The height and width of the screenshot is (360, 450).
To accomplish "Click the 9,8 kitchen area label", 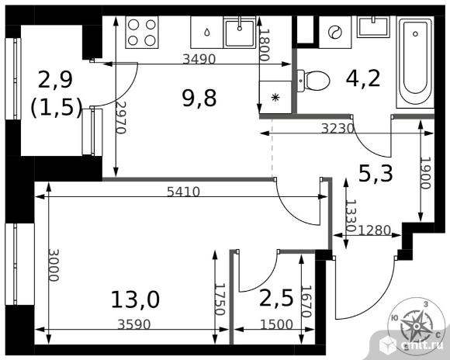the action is pos(199,99).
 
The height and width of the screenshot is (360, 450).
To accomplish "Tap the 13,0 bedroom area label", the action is pos(135,299).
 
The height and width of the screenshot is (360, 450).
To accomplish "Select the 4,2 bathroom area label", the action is pos(363,78).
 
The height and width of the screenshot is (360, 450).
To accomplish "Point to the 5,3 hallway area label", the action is pos(376,174).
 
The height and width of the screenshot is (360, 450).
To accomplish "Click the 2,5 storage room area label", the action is pos(276,298).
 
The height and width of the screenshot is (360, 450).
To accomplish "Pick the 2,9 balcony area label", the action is pos(55,79).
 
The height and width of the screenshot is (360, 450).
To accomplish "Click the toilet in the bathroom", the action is pos(313,81).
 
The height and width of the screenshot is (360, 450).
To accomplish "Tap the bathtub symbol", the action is pos(415,62).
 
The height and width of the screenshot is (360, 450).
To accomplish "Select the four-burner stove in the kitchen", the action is pos(142,32).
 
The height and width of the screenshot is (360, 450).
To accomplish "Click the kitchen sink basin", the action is pos(240,33).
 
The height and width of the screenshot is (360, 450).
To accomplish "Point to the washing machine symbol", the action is pos(335,32).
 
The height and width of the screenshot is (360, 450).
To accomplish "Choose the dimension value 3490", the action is pos(199,59).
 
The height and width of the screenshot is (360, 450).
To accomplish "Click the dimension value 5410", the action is pos(183,192).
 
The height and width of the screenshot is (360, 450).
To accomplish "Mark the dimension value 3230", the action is pos(337,129).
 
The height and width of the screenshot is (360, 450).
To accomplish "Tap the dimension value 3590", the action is pos(134,324).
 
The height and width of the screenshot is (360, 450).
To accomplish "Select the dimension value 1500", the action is pos(276,324).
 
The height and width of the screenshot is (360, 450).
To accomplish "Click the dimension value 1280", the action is pos(375,230).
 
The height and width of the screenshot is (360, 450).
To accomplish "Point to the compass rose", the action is pos(415,326).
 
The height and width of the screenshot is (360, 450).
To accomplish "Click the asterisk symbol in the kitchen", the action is pos(275,98).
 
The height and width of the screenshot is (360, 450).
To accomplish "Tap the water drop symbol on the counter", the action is pos(207,32).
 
